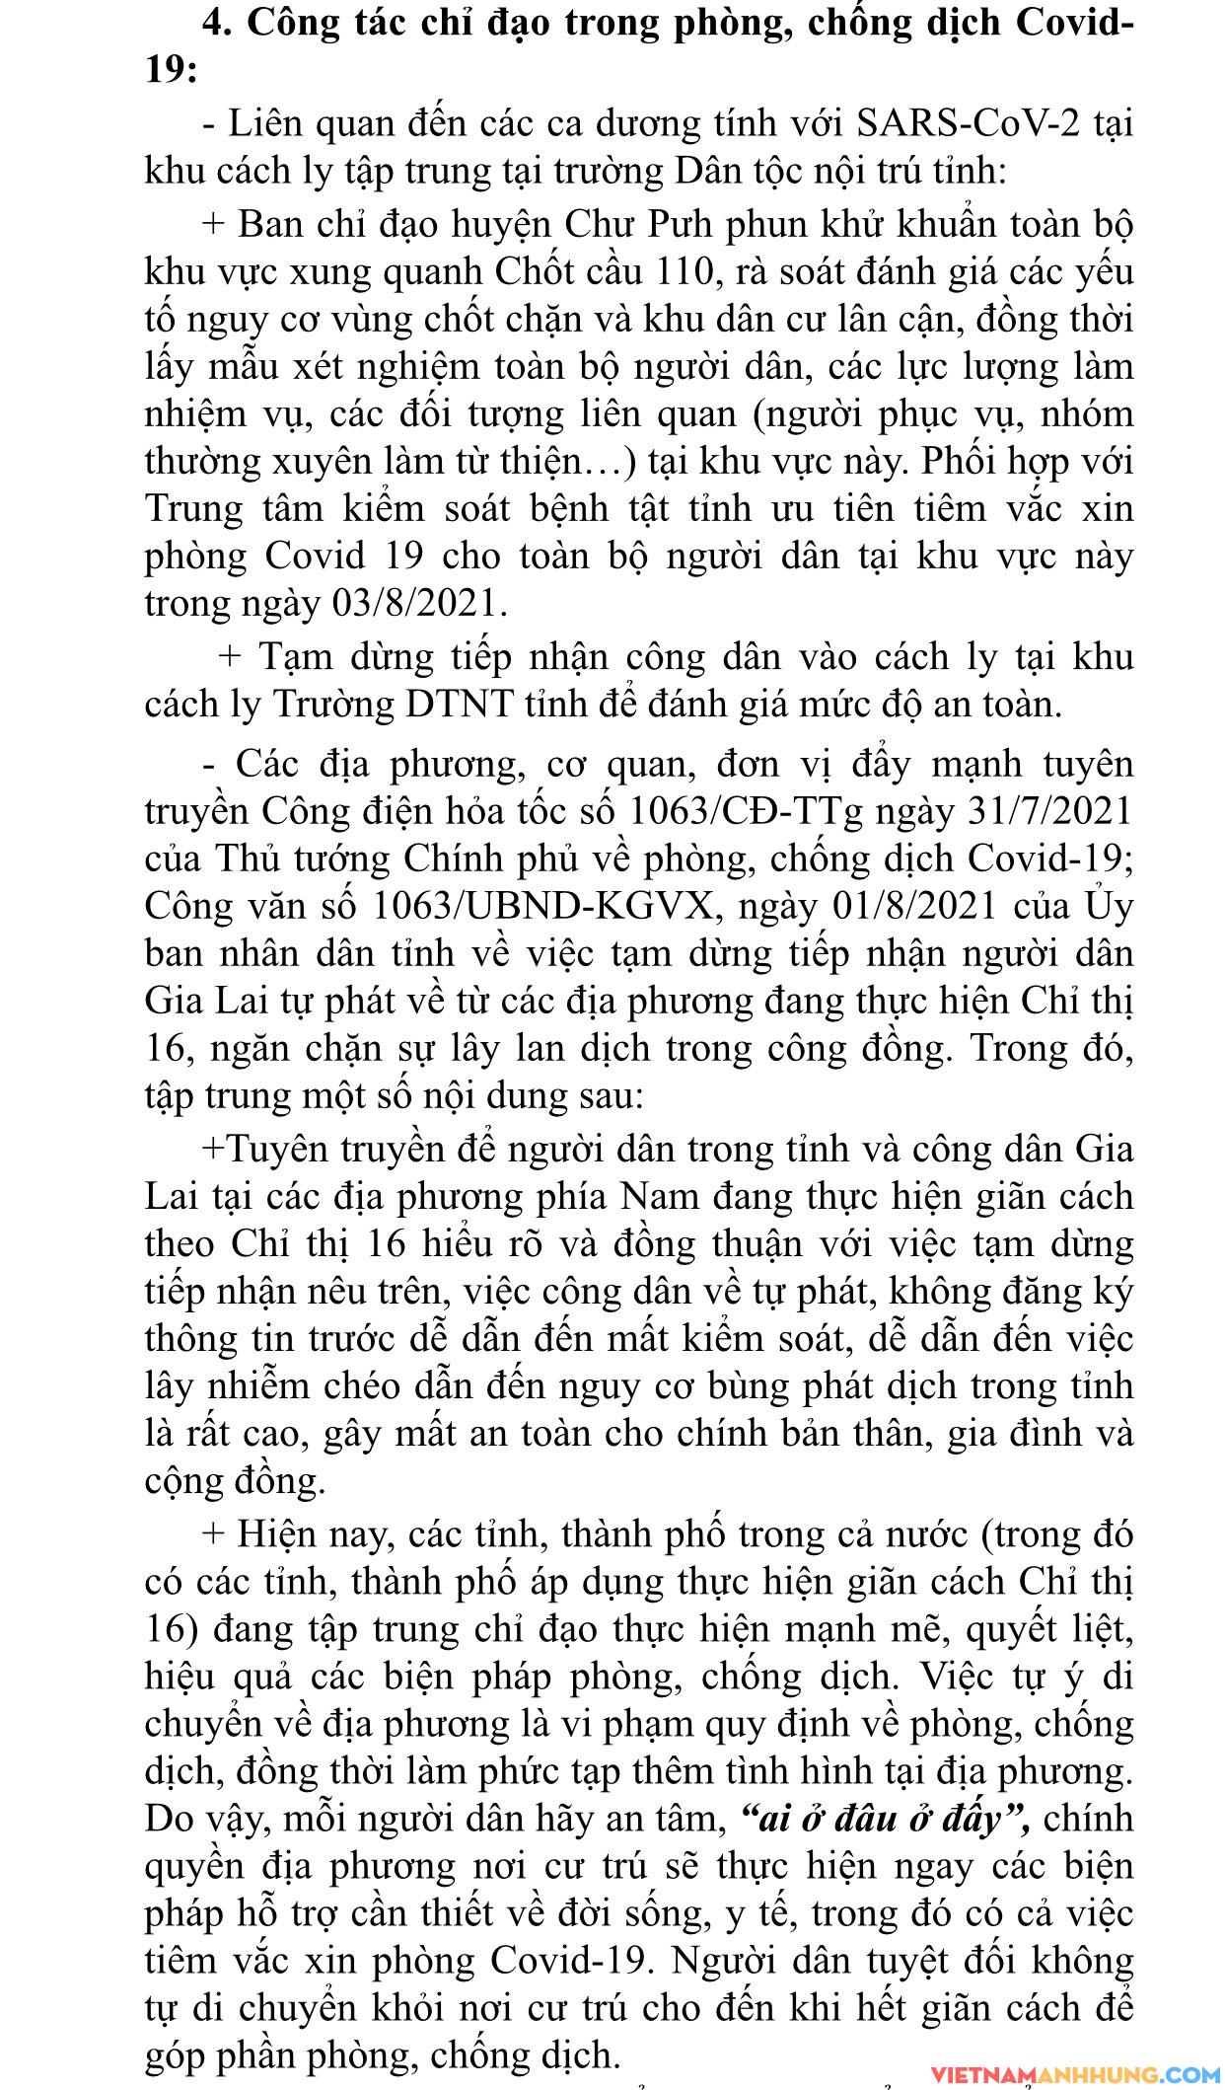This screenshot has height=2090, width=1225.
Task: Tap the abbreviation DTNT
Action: pos(460,705)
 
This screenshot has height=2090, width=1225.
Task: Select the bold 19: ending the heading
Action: pos(170,71)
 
